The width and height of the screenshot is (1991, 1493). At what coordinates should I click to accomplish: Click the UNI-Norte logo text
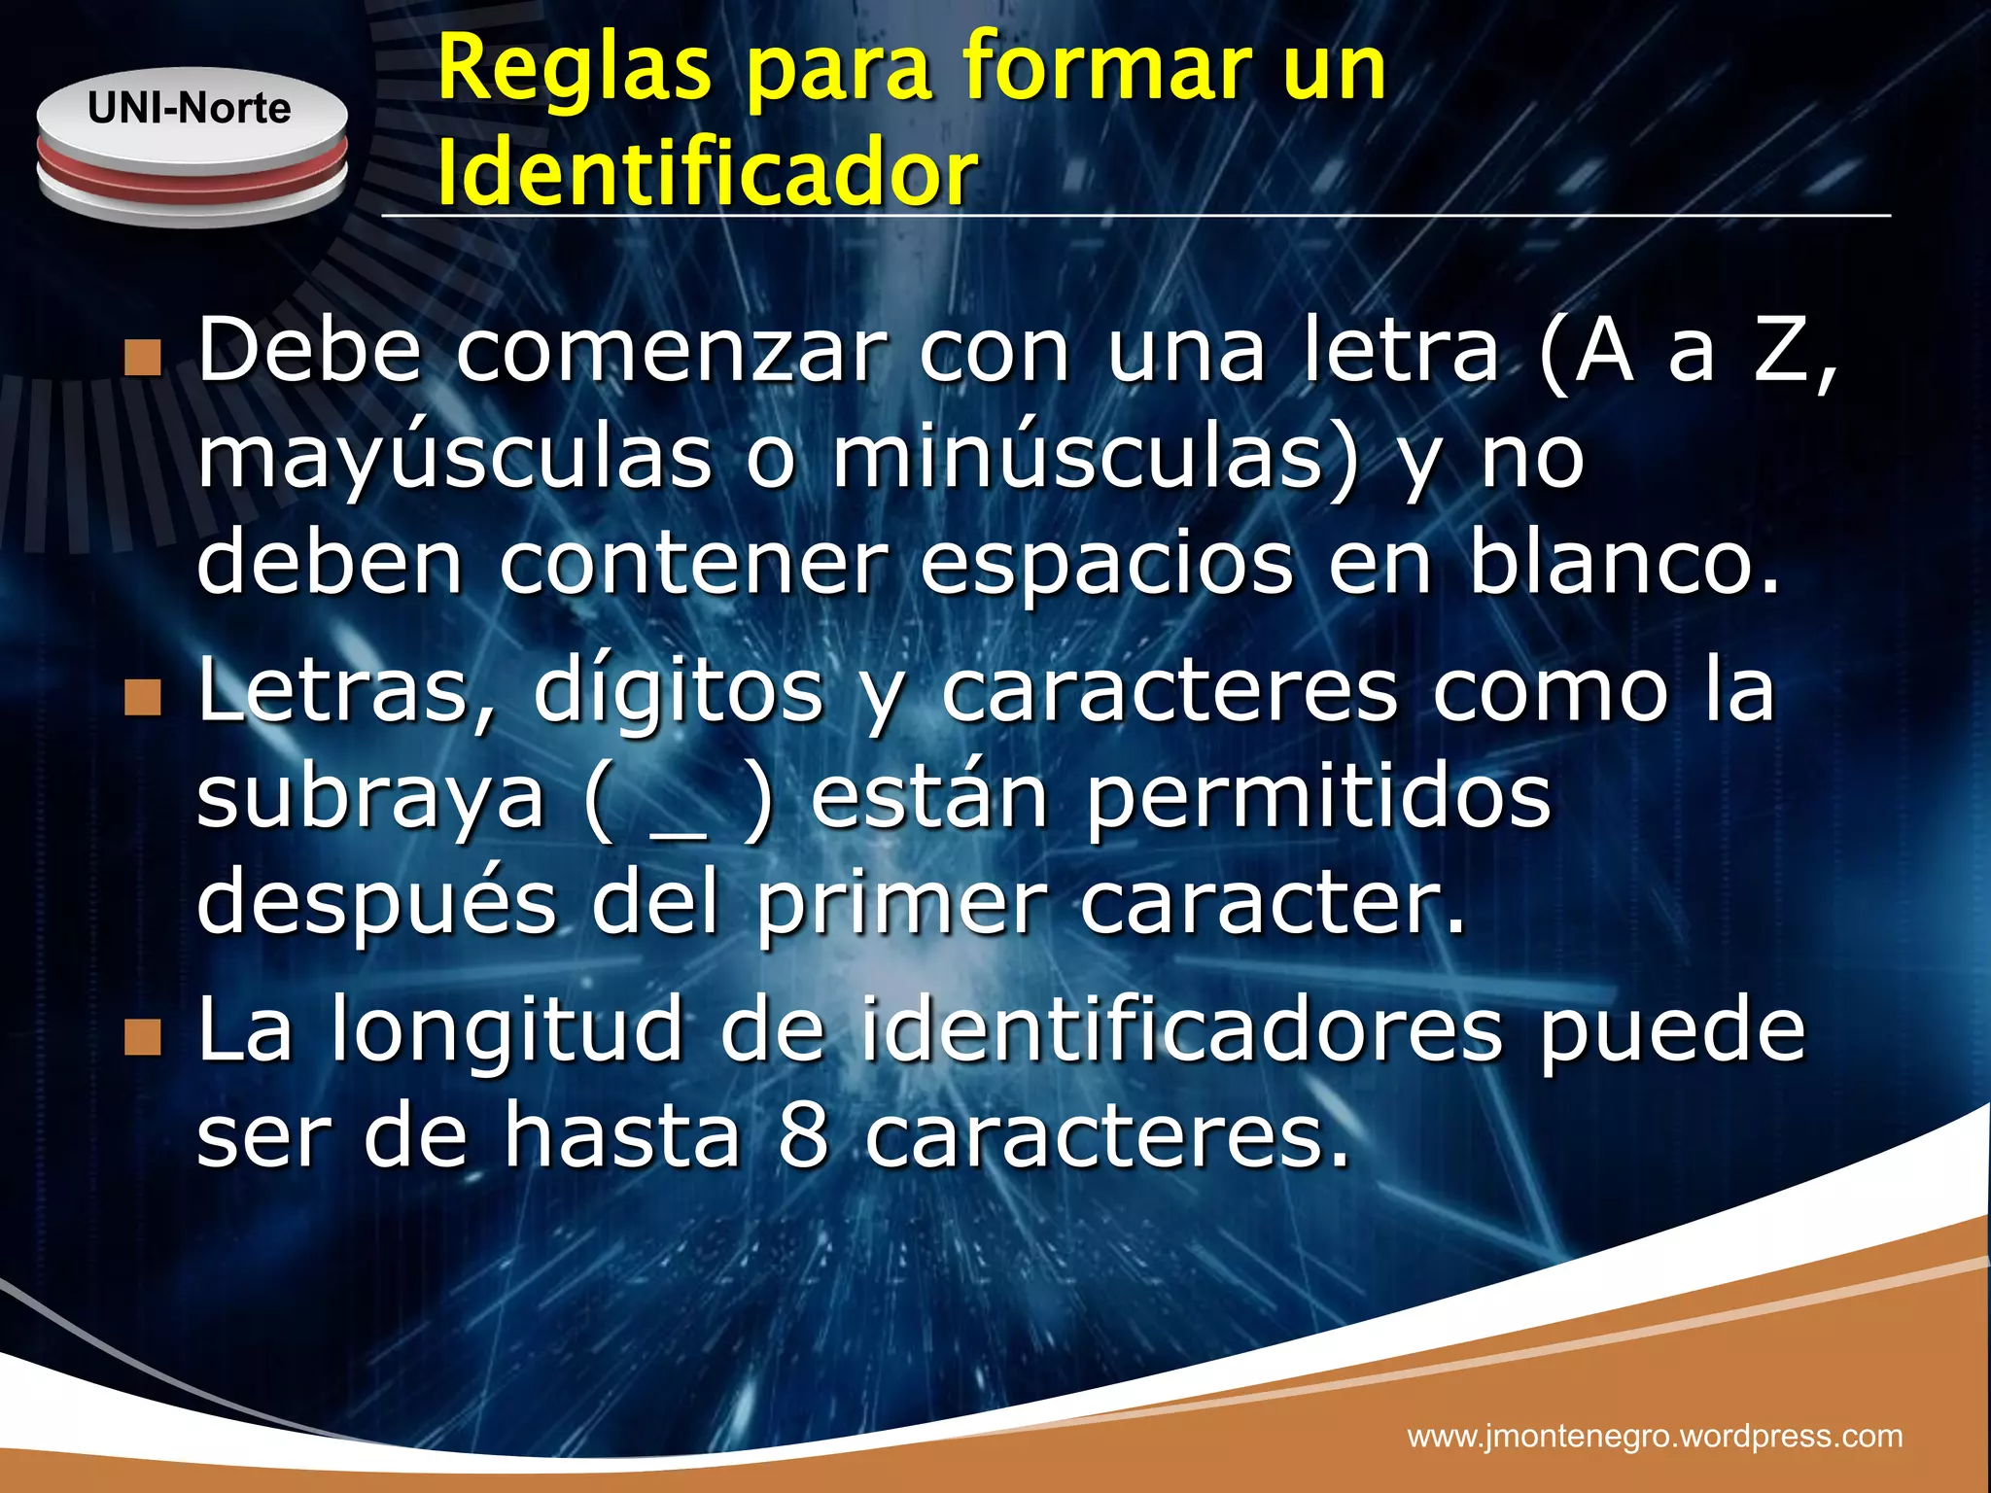tap(190, 108)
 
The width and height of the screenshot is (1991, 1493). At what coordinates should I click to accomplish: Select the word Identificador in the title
tap(708, 174)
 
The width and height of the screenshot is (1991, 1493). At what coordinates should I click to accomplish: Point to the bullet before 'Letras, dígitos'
tap(143, 697)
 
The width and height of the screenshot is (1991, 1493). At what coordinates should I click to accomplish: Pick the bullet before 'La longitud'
tap(143, 1037)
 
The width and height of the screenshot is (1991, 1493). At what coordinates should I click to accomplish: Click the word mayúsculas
tap(455, 459)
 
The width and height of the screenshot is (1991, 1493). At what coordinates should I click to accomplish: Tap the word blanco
tap(1624, 564)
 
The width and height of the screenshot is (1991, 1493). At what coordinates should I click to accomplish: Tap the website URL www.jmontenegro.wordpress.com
tap(1655, 1436)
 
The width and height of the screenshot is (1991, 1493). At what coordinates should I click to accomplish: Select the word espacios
tap(1106, 566)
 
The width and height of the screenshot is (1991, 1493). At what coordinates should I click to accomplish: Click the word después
tap(377, 902)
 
